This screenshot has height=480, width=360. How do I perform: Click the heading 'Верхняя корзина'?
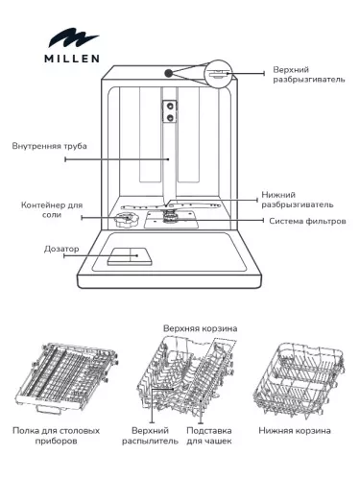tap(200, 327)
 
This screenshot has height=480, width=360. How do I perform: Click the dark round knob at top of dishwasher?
tap(169, 73)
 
